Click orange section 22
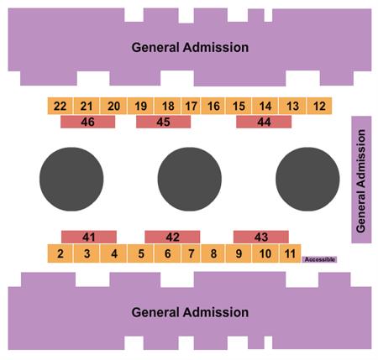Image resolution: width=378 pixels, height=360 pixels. click(x=60, y=106)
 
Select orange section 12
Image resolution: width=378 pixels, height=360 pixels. click(x=319, y=106)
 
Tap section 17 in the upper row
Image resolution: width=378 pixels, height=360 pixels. click(x=191, y=106)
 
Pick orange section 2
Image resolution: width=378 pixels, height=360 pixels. click(x=60, y=253)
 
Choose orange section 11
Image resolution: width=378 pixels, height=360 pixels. click(x=290, y=253)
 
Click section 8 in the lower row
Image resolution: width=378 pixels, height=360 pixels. click(x=213, y=253)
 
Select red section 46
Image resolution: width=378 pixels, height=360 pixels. click(x=88, y=123)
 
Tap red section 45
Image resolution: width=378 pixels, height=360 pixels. click(x=164, y=123)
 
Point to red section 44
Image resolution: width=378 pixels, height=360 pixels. click(x=264, y=123)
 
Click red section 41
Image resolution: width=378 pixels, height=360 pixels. click(x=89, y=237)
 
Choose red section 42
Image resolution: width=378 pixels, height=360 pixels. click(x=172, y=237)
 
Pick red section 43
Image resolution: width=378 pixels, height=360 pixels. click(x=261, y=237)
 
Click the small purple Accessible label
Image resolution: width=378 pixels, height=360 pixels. click(x=319, y=259)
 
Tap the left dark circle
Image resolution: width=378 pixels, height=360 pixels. click(x=71, y=179)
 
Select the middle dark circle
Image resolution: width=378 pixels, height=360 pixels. click(x=190, y=179)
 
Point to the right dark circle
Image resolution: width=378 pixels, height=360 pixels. click(x=307, y=179)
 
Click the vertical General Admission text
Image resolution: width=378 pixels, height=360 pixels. click(x=361, y=180)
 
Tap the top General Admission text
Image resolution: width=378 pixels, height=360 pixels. click(x=190, y=47)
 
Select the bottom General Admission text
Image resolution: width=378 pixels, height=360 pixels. click(x=190, y=312)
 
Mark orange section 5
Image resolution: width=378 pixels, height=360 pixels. click(x=141, y=253)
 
